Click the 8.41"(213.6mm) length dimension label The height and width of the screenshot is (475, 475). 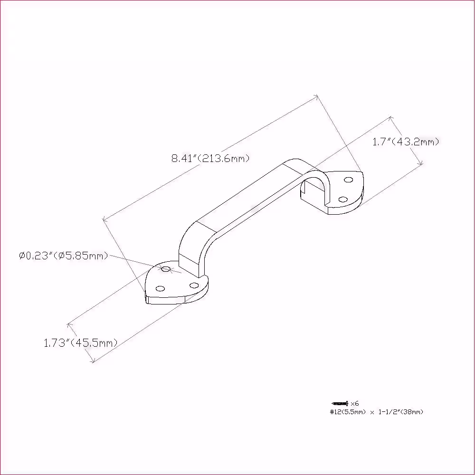coord(210,158)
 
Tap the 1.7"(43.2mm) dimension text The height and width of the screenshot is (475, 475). coord(406,142)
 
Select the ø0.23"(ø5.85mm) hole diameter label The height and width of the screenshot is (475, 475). coord(64,256)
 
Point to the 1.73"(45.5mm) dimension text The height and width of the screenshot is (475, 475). coord(81,343)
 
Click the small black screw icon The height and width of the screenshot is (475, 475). coord(340,403)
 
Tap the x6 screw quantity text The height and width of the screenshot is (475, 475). coord(354,403)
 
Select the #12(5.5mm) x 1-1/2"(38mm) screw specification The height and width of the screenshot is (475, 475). coord(377,412)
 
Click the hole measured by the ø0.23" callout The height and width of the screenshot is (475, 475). coord(165,269)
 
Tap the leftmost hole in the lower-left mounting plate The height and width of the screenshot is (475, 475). coord(160,288)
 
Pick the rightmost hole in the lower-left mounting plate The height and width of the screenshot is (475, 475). coord(194,285)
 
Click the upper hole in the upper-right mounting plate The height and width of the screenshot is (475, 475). coord(348,180)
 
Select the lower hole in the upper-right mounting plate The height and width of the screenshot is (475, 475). coord(343,199)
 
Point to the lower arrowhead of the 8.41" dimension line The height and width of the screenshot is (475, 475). coord(105,218)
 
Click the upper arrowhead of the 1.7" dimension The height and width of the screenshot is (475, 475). coord(391,118)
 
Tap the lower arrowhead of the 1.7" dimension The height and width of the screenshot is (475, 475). coord(420,162)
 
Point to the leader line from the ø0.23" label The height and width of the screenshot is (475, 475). coord(145,264)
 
